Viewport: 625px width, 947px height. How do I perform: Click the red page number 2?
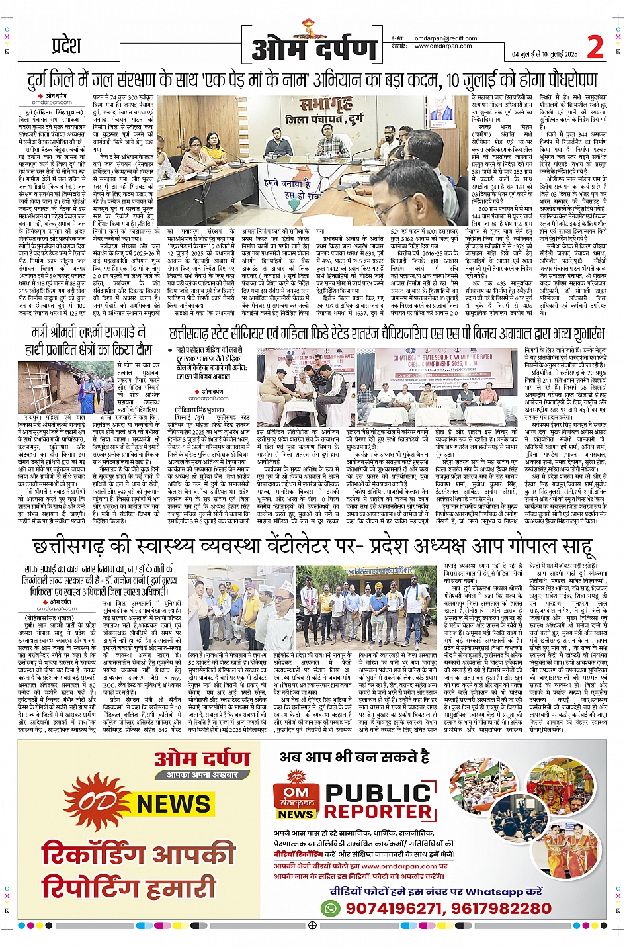pos(595,47)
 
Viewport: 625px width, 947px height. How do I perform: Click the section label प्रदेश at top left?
pos(67,46)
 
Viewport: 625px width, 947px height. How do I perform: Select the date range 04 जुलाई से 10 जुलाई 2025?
pos(544,54)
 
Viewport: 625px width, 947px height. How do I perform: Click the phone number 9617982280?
pos(505,909)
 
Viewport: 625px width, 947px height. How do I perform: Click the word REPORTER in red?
pos(380,812)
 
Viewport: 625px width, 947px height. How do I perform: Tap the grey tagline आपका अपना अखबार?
pos(202,774)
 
